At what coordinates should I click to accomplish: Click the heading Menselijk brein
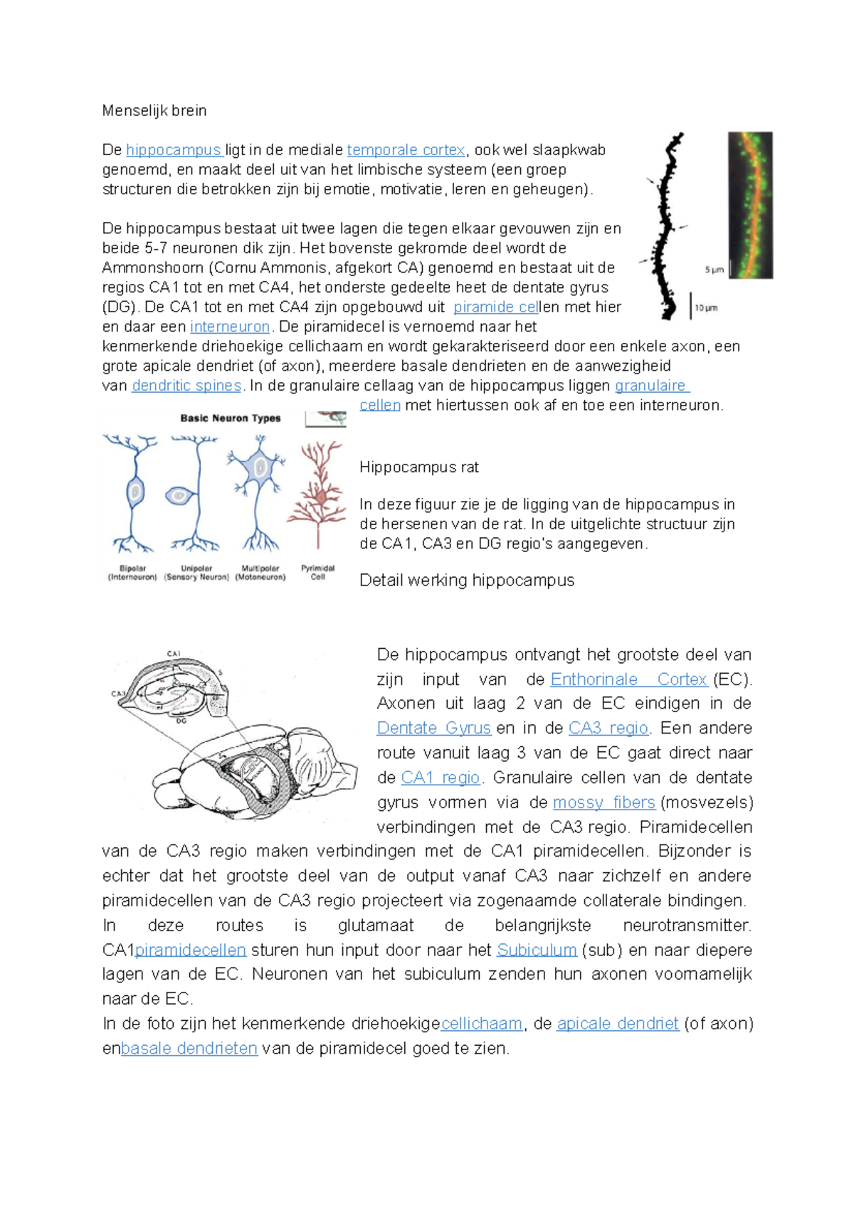pos(154,111)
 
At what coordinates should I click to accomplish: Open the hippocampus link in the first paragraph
pos(174,150)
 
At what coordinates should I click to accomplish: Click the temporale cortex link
pos(406,150)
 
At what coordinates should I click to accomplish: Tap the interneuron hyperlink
pos(230,327)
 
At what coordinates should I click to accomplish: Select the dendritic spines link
pos(186,386)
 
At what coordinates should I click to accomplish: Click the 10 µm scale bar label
pos(706,308)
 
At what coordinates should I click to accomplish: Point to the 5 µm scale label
pos(714,270)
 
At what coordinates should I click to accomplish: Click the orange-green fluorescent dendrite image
pos(750,204)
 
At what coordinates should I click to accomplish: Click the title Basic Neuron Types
pos(230,418)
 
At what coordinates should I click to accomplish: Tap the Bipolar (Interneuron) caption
pos(132,573)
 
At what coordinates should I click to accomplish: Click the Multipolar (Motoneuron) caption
pos(260,573)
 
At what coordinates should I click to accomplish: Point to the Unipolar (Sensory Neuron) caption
pos(196,573)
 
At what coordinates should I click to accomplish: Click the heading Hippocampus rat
pos(418,467)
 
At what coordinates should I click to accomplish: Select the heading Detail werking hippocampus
pos(466,581)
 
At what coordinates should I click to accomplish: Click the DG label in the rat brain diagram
pos(181,720)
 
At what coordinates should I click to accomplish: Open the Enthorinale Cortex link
pos(628,679)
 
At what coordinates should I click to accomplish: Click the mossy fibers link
pos(603,802)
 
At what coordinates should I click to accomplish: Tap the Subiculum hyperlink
pos(537,950)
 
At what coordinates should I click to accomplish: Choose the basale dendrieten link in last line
pos(189,1049)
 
